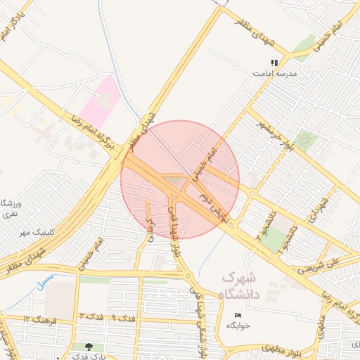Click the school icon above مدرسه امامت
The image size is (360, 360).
(274, 63)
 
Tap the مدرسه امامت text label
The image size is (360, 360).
(276, 73)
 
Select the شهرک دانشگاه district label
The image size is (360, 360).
(239, 284)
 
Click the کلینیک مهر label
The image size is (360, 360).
(37, 231)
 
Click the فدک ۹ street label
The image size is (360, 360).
(122, 319)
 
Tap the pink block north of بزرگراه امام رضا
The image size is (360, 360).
(98, 103)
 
